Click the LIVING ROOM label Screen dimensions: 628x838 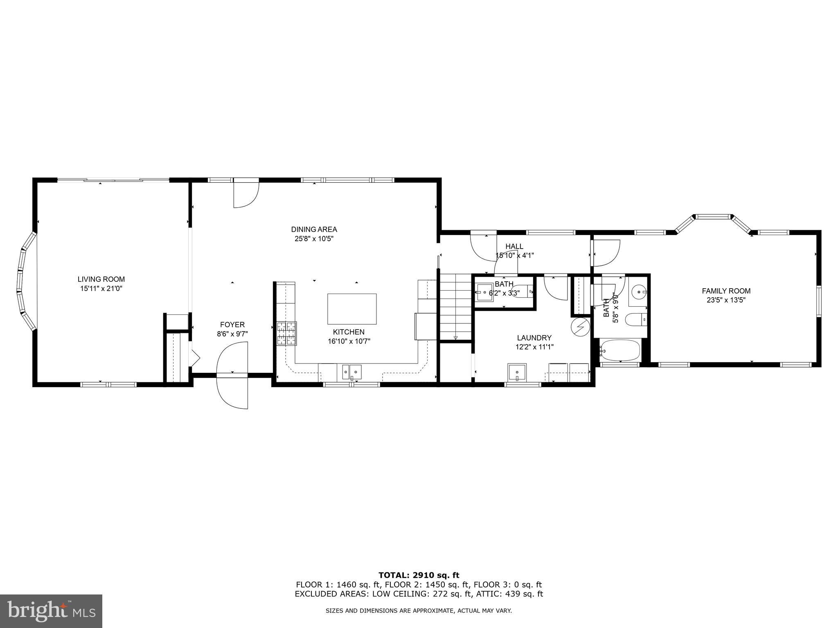[101, 279]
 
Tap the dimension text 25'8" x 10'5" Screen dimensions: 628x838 [314, 238]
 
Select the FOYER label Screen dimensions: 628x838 [232, 325]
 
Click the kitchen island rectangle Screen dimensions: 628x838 [352, 309]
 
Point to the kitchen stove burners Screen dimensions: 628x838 [286, 333]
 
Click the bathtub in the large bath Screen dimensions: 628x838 [620, 350]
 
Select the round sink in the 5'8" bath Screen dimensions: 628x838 [639, 292]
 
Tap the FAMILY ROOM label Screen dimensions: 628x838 [726, 291]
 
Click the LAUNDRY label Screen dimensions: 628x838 [534, 338]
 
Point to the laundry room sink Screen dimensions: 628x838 [518, 372]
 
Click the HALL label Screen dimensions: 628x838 [514, 246]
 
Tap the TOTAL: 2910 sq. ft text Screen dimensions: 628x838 [419, 575]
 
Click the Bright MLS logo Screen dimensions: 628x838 [51, 611]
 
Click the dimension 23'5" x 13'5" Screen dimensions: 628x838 [726, 300]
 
